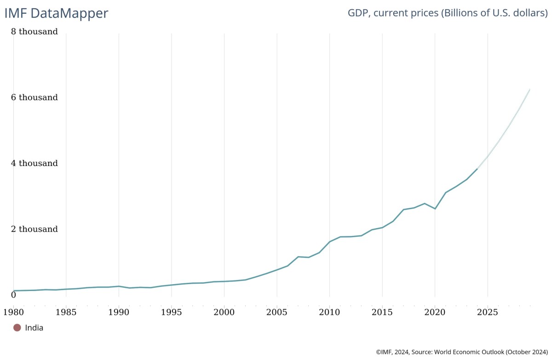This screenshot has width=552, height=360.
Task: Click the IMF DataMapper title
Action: pyautogui.click(x=56, y=13)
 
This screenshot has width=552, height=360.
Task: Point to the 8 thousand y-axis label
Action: pyautogui.click(x=34, y=32)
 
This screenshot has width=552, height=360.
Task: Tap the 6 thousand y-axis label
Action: pyautogui.click(x=34, y=97)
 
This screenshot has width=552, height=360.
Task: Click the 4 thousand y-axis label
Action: pyautogui.click(x=34, y=163)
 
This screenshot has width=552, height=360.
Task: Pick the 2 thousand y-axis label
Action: pyautogui.click(x=34, y=229)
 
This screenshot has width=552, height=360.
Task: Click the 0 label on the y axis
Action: pyautogui.click(x=13, y=295)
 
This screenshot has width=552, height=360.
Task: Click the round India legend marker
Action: pyautogui.click(x=17, y=328)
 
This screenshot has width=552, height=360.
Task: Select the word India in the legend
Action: pyautogui.click(x=34, y=328)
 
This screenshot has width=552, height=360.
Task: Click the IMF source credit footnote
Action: pyautogui.click(x=461, y=352)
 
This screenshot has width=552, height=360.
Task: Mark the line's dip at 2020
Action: pyautogui.click(x=435, y=209)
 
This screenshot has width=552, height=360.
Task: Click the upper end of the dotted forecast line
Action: pyautogui.click(x=530, y=89)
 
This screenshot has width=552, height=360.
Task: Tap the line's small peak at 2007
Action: pyautogui.click(x=298, y=257)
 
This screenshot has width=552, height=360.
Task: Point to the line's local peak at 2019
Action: pyautogui.click(x=424, y=203)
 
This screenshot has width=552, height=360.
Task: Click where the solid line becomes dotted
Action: pyautogui.click(x=477, y=169)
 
